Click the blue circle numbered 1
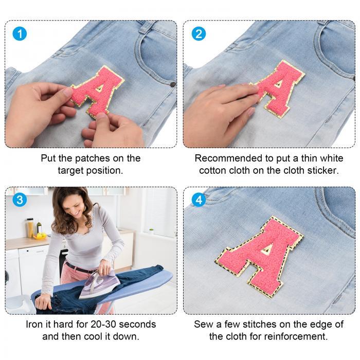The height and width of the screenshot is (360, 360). pos(20,34)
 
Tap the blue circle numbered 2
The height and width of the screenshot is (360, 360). pos(199,34)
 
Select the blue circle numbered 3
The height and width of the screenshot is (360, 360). pos(20,200)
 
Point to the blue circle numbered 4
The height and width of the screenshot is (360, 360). pos(199,200)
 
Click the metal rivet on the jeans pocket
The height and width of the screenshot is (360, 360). pos(173,84)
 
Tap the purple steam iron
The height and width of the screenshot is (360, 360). pos(99,285)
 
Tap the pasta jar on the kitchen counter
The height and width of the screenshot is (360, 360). pos(30,228)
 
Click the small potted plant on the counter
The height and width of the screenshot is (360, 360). pos(151,231)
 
